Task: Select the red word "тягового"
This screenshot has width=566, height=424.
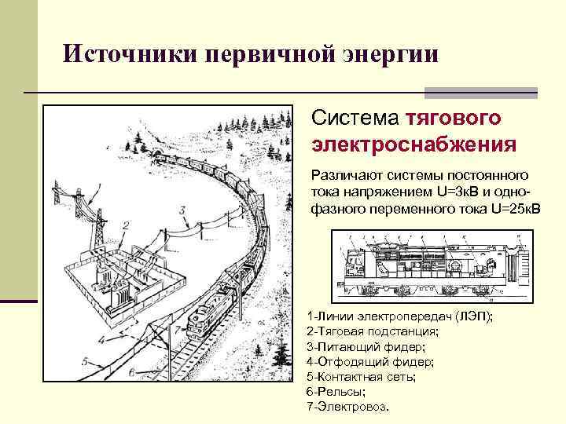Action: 454,119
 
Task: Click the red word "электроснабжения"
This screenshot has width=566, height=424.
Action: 413,145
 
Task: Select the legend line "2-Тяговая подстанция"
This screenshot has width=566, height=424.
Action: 373,331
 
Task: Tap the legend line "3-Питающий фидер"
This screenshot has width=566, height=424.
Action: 366,346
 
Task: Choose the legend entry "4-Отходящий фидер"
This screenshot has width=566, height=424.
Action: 369,362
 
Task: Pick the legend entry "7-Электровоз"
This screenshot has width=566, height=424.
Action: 351,408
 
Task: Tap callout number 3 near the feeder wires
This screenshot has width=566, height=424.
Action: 182,210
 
